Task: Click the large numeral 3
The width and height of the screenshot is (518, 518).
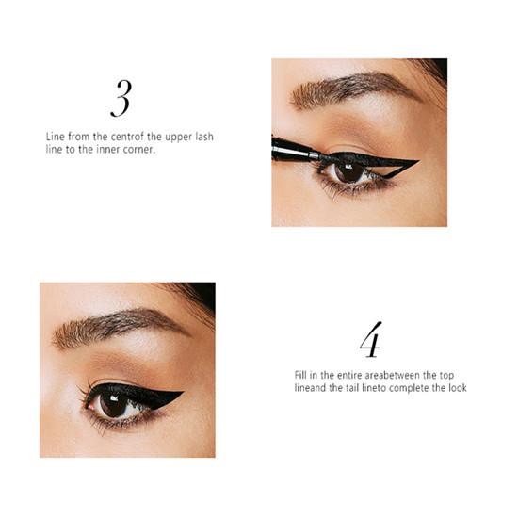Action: coord(121,99)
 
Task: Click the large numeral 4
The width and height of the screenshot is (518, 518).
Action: coord(371,340)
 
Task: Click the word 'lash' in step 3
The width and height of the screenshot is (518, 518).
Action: coord(204,137)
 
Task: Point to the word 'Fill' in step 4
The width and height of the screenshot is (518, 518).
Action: coord(300,375)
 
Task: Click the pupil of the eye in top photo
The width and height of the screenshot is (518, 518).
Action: coord(348,170)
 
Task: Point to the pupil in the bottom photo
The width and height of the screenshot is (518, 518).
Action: coord(113,404)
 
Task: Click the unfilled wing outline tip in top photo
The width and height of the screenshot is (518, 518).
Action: coord(418,161)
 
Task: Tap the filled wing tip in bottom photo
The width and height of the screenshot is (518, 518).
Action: coord(183,393)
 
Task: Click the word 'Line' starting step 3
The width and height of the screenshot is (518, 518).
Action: coord(56,137)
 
